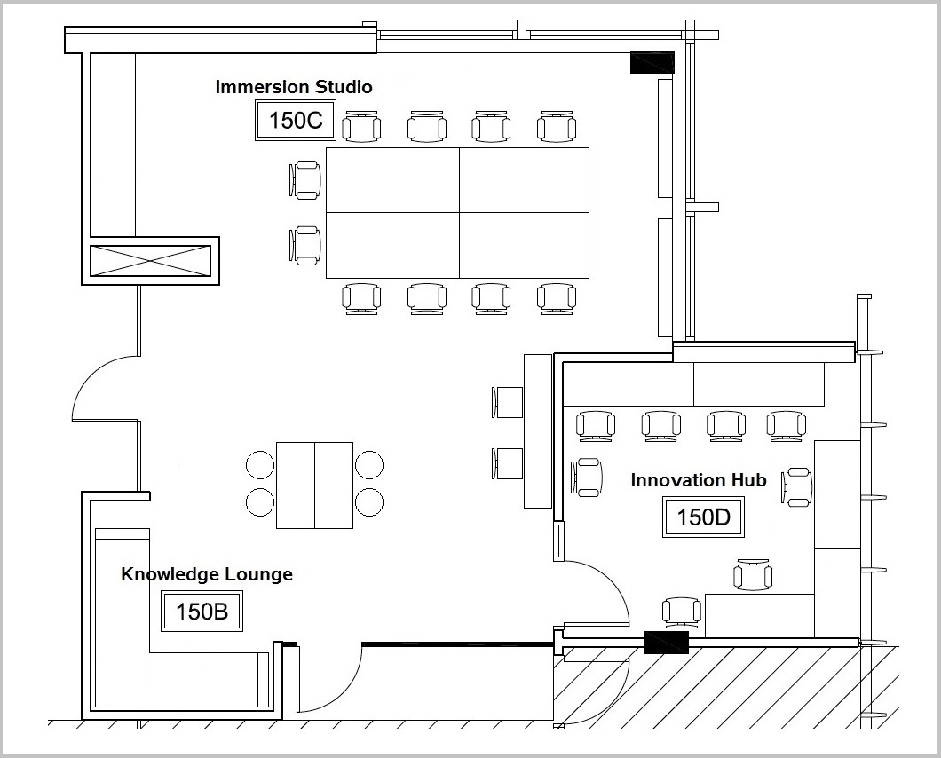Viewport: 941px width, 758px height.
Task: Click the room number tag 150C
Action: click(x=296, y=121)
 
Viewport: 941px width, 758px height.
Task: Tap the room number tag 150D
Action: click(x=703, y=517)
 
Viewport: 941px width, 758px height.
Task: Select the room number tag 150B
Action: click(x=202, y=611)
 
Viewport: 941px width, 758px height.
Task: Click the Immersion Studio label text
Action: click(x=294, y=86)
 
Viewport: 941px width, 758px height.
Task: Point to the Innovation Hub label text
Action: click(x=699, y=480)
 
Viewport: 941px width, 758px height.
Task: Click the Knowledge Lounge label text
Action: click(x=207, y=574)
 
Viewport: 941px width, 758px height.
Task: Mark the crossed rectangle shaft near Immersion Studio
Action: click(x=151, y=260)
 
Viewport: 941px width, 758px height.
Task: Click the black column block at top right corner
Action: click(x=652, y=63)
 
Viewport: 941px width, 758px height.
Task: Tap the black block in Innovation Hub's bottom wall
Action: click(x=666, y=642)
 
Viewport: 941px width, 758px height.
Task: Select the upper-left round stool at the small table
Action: click(x=260, y=464)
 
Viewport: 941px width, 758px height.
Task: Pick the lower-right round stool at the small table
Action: click(x=369, y=502)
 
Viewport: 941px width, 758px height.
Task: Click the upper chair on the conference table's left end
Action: click(x=304, y=179)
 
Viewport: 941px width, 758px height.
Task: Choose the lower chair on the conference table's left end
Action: click(x=304, y=246)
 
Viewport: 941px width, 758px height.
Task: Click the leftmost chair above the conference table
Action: click(x=361, y=127)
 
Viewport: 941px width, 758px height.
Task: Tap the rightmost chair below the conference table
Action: click(x=557, y=299)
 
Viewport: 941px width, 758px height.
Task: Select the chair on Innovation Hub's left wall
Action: click(x=586, y=478)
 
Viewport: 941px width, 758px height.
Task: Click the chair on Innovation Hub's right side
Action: click(x=797, y=486)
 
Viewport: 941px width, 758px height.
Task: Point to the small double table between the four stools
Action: click(x=314, y=486)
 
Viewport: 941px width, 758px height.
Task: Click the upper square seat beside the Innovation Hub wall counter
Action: click(x=508, y=402)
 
